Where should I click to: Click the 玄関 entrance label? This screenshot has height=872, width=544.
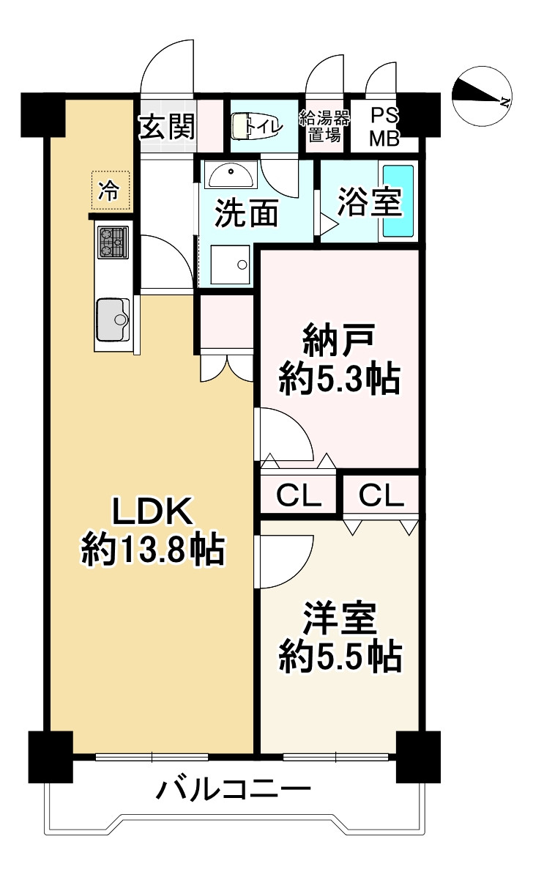click(168, 128)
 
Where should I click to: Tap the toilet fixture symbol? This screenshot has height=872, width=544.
click(241, 127)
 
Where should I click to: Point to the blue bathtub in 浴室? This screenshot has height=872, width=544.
click(398, 201)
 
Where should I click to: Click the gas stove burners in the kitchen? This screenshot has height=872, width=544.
click(113, 242)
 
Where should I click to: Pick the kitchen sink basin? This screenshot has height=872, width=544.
click(112, 319)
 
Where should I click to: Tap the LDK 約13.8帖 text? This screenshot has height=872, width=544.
click(152, 529)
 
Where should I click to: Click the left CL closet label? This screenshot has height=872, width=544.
click(299, 496)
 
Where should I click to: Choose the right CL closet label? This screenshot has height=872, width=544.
click(381, 496)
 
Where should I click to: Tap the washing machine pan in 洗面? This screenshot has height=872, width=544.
click(230, 265)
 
